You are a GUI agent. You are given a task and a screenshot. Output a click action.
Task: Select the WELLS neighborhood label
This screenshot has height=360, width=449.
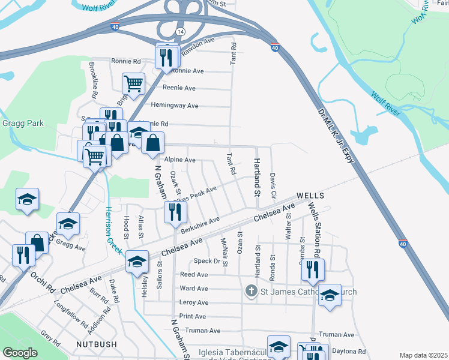[310, 196]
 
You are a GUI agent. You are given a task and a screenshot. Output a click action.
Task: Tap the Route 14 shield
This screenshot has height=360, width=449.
[181, 30]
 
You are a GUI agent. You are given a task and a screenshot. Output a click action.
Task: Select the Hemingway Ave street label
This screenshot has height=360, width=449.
[175, 106]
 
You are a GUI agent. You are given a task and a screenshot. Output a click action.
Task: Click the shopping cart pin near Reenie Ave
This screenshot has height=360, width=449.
[133, 83]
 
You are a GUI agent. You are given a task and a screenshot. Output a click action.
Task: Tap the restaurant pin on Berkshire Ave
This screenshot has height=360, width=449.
[175, 212]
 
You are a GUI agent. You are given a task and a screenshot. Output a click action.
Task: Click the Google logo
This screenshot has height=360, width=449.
[20, 353]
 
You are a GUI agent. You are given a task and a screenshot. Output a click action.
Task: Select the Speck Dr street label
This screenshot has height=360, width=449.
[208, 261]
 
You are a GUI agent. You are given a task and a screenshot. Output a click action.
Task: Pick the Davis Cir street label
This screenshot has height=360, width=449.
[273, 187]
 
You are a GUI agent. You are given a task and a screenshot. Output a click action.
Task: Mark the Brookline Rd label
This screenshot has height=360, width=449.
[94, 80]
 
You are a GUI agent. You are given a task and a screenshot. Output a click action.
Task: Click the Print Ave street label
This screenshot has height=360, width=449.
[193, 316]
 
